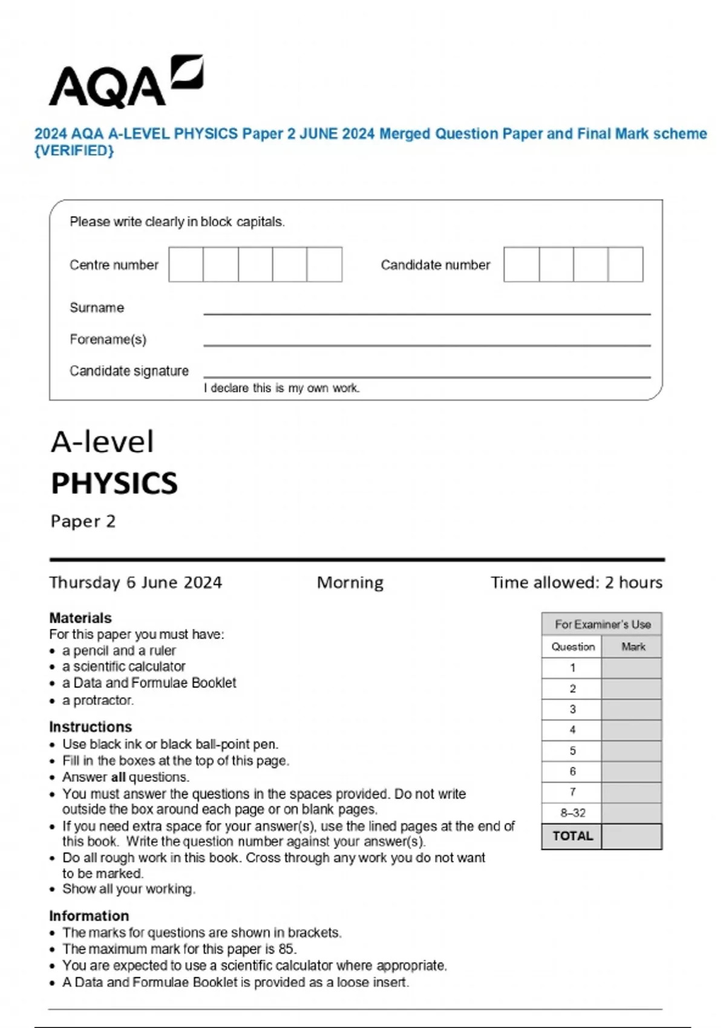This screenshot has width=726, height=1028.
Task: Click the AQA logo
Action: coord(125,82)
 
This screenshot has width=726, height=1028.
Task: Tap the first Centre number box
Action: coord(186,264)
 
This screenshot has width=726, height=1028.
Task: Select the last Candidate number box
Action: coord(626,264)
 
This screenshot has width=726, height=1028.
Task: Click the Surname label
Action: coord(97,308)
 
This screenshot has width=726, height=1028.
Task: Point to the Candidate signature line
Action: coord(427,376)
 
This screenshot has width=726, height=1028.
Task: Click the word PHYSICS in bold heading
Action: coord(114,483)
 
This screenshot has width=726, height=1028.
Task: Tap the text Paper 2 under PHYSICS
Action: coord(83,521)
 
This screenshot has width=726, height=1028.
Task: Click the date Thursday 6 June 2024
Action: coord(136,582)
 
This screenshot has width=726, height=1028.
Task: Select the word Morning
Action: coord(350,582)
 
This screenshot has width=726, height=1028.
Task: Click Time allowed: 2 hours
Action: coord(576,582)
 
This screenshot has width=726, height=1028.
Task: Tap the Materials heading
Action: coord(80,618)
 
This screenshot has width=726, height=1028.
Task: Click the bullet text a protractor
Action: coord(98,700)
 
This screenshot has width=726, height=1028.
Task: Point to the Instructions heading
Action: coord(90,727)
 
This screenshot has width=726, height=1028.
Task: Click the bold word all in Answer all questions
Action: coord(119,777)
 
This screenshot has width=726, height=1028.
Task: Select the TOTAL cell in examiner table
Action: coord(572,836)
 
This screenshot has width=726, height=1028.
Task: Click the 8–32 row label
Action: coord(572,813)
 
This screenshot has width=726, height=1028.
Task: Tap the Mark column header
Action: coord(633,647)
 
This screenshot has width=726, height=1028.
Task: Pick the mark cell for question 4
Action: coord(632,730)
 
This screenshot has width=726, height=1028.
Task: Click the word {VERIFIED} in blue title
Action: coord(74,151)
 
